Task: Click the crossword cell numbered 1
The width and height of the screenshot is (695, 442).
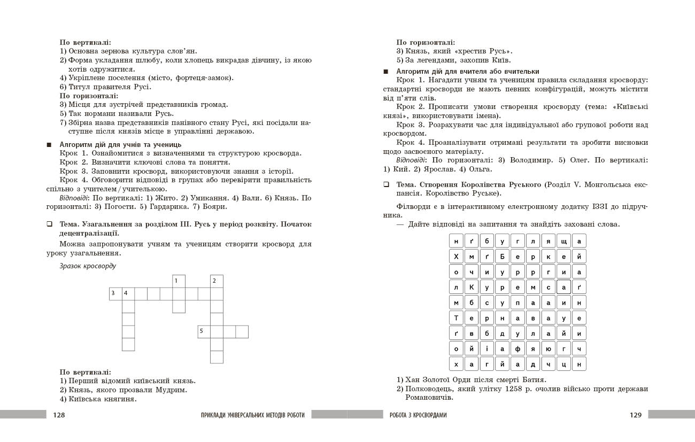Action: tap(179, 281)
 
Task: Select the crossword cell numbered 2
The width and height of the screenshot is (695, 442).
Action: tap(217, 281)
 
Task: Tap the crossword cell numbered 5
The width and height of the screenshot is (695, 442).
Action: tap(204, 331)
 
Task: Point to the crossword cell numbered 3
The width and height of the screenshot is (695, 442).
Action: tap(115, 293)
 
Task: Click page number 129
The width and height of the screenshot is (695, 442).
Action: tap(635, 415)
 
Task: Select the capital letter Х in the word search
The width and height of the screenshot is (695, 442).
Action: tap(456, 257)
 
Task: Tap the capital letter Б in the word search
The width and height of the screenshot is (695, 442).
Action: tap(502, 257)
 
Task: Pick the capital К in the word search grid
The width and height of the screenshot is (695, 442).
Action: tap(472, 288)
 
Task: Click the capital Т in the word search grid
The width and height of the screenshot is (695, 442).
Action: tap(456, 318)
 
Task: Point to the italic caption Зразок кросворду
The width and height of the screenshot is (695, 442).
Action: tap(88, 266)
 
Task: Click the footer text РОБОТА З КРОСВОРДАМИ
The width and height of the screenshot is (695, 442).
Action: tap(418, 415)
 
